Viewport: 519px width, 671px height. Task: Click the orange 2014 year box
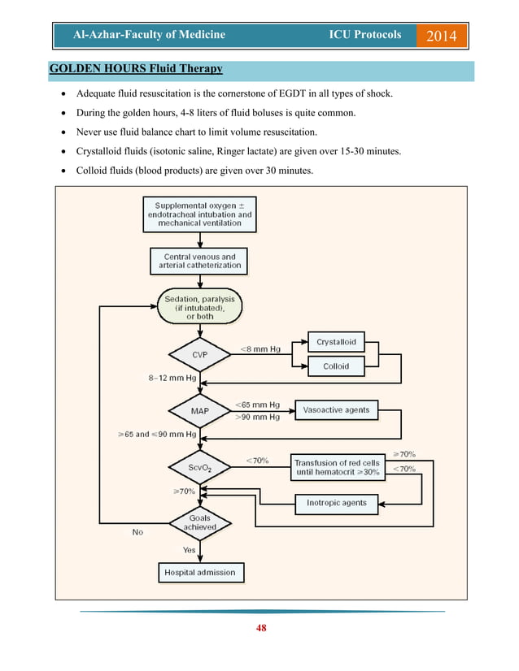point(442,35)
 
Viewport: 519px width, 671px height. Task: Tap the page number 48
point(259,627)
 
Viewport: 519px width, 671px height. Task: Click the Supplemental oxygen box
point(199,214)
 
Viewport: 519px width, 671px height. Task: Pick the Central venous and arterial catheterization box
point(199,261)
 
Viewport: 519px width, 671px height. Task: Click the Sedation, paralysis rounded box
point(199,307)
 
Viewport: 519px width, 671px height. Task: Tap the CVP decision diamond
point(199,354)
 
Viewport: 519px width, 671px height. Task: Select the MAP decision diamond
point(199,410)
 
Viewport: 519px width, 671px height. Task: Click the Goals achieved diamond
point(199,522)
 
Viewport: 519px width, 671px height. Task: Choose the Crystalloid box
point(336,342)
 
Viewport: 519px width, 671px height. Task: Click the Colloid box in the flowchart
point(336,366)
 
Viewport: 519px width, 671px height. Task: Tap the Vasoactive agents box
point(336,409)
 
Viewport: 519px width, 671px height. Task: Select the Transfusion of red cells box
point(337,467)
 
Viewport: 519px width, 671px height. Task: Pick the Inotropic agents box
point(336,503)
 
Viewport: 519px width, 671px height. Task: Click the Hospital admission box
point(199,572)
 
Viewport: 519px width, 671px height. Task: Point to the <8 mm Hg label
point(261,348)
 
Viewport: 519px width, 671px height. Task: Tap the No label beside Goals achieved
point(138,533)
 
